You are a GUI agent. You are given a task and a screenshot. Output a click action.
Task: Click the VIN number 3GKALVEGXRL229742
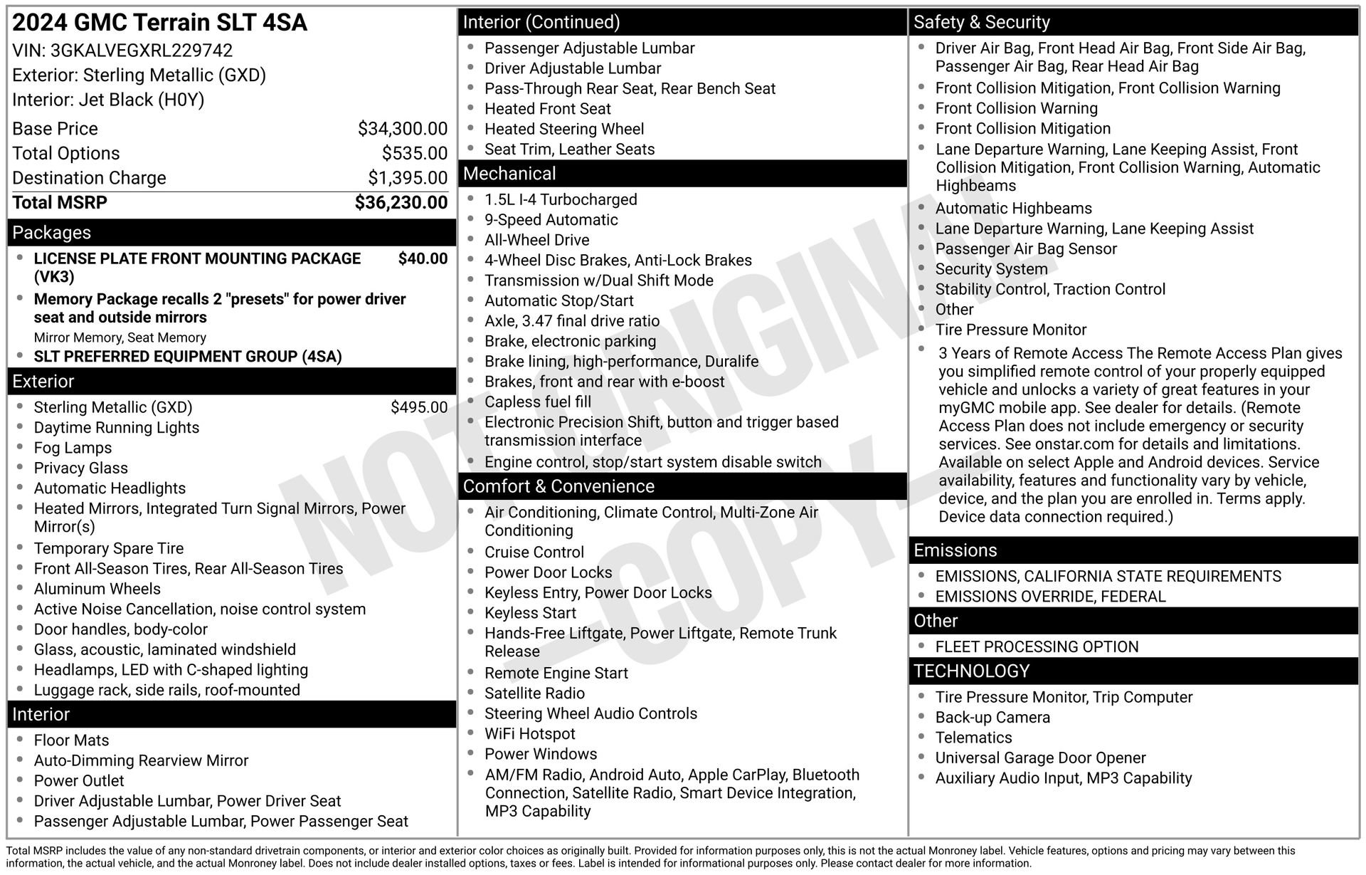[x=141, y=51]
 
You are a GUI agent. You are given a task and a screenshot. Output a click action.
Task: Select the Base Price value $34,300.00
[x=402, y=129]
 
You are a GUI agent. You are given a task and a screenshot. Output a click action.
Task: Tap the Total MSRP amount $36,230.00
[x=401, y=203]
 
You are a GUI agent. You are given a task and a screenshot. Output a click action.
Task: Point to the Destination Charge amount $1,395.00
[x=407, y=178]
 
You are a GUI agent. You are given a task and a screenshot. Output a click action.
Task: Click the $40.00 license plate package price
[x=423, y=258]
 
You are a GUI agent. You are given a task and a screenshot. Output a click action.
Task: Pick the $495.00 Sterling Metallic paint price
[x=418, y=407]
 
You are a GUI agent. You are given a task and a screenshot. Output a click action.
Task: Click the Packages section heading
[x=52, y=233]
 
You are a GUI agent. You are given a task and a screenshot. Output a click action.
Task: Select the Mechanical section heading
[x=509, y=174]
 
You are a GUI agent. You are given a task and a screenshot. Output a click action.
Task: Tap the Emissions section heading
[x=955, y=550]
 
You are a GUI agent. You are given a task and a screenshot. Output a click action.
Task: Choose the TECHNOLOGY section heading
[x=971, y=671]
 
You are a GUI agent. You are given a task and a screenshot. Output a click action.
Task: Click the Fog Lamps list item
[x=73, y=448]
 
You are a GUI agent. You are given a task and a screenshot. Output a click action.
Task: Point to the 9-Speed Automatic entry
[x=551, y=220]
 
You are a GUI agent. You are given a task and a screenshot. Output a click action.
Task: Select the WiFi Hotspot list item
[x=529, y=734]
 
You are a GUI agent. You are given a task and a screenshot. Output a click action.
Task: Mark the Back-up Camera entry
[x=992, y=718]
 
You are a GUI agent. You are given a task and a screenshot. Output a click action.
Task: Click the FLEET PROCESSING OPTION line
[x=1037, y=646]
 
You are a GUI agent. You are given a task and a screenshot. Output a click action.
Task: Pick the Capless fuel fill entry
[x=537, y=402]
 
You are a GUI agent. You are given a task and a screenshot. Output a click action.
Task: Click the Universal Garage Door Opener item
[x=1040, y=758]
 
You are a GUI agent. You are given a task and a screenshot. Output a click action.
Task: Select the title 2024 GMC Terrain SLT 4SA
[x=160, y=23]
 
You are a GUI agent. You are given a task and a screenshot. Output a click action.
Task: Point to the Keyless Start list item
[x=530, y=613]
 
